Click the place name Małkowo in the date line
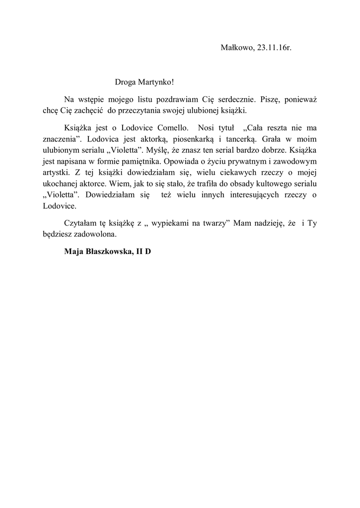pos(236,48)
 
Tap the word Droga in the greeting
pos(125,81)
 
